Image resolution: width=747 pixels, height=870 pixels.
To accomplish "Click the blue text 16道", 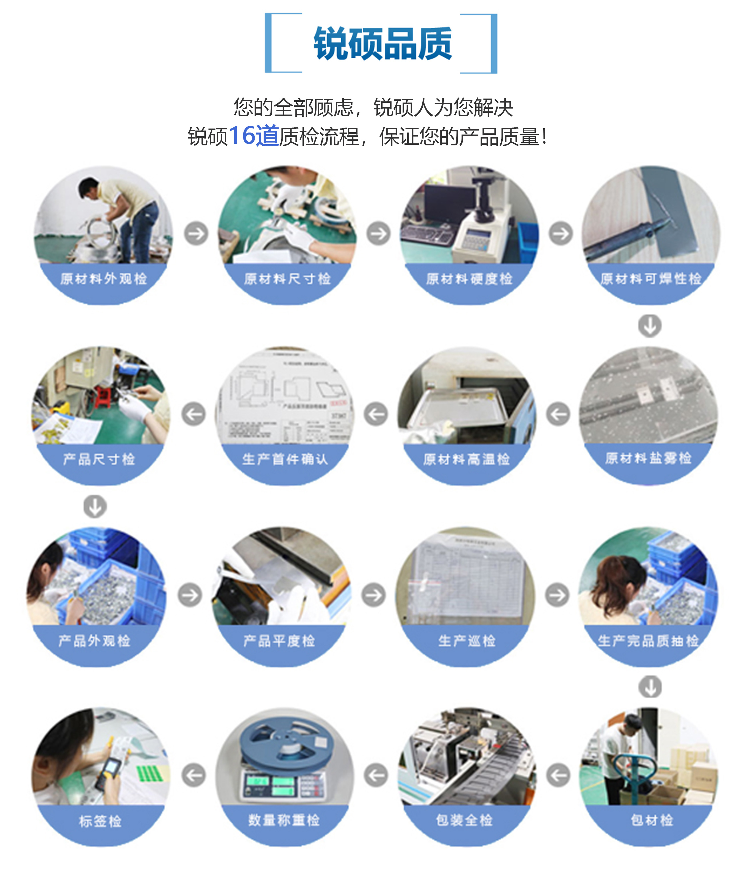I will pyautogui.click(x=254, y=136).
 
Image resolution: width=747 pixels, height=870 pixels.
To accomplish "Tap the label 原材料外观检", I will pyautogui.click(x=103, y=278).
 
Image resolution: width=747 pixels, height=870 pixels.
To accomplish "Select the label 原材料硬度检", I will pyautogui.click(x=469, y=278).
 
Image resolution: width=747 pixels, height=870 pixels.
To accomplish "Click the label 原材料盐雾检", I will pyautogui.click(x=648, y=458).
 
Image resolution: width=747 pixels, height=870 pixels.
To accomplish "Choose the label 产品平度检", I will pyautogui.click(x=279, y=641).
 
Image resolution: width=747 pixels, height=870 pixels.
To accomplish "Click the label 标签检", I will pyautogui.click(x=100, y=821).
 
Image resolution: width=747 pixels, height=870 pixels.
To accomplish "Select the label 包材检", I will pyautogui.click(x=652, y=820).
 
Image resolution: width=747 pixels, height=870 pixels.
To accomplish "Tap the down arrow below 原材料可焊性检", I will pyautogui.click(x=650, y=325).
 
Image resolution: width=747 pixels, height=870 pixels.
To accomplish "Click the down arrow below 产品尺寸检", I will pyautogui.click(x=95, y=506).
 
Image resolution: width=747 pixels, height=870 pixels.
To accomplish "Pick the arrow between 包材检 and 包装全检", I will pyautogui.click(x=558, y=775).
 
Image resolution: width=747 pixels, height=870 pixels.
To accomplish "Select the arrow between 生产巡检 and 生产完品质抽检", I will pyautogui.click(x=557, y=595).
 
